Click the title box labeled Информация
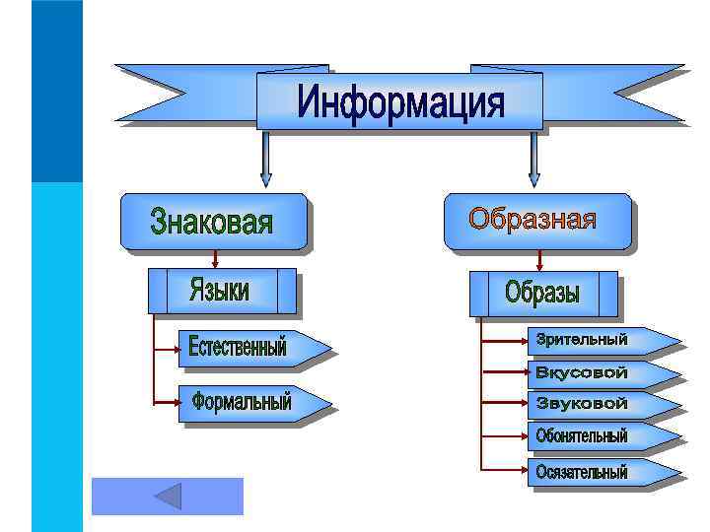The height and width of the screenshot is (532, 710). point(399,101)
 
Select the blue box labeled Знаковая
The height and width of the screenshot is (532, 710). point(211,221)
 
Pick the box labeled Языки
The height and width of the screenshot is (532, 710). point(221,291)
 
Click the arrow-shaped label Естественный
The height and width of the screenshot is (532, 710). point(250,347)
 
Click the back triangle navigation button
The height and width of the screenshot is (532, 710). point(168,496)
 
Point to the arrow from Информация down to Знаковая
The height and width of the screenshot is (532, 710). point(264,158)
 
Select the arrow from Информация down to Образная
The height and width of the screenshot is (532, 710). point(533,158)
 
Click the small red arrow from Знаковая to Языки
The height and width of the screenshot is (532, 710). point(216,258)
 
